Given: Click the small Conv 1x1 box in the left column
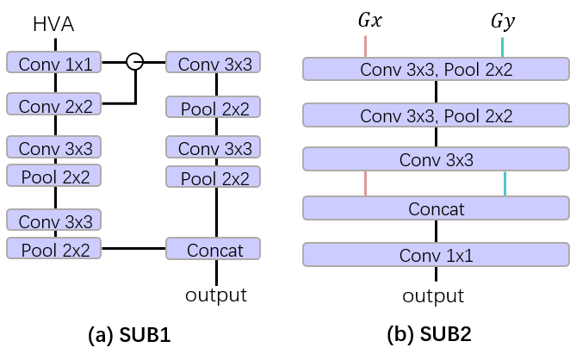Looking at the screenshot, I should pos(54,62).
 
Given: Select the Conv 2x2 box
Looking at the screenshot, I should pos(54,104).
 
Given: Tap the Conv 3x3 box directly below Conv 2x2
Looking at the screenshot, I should pos(54,147).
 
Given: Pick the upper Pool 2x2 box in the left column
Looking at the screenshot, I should pos(54,176).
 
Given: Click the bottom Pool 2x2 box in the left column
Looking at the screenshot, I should pos(54,249).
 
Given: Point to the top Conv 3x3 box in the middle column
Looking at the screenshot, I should pos(213,62).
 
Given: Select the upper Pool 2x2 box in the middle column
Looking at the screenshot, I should pos(213,108).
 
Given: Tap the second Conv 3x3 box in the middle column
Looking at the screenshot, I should pos(213,147).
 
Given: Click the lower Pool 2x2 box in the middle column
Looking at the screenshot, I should pos(213,177).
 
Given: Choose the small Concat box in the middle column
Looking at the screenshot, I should pos(213,249).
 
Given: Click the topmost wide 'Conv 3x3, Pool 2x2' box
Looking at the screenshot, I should pos(436,69).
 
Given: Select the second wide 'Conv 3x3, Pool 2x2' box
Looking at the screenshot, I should pos(436,115).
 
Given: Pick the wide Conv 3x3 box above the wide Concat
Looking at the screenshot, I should pos(436,158).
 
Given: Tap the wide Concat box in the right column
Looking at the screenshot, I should pos(436,208).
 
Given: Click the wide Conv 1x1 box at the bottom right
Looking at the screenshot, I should pos(436,254).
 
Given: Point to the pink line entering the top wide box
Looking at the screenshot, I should pos(365,47).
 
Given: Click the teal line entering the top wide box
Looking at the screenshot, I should pos(502,47).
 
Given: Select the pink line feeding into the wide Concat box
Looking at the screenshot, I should pos(365,183).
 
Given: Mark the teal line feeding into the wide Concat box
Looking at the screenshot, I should pos(505,183).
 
